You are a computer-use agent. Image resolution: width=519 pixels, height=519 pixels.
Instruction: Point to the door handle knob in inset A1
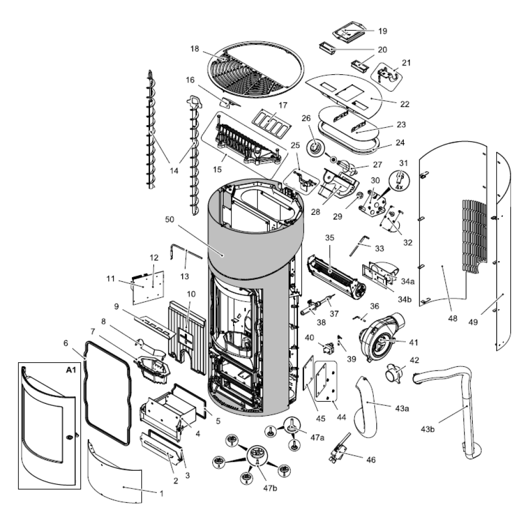tap(70, 438)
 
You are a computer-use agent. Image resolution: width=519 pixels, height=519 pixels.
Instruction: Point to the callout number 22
tap(405, 104)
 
